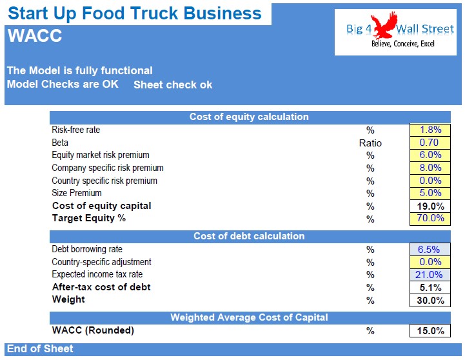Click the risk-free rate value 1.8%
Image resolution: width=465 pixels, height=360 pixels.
tap(430, 130)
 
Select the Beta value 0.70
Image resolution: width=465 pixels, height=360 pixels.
tap(430, 143)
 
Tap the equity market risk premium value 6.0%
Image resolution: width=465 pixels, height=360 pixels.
tap(430, 155)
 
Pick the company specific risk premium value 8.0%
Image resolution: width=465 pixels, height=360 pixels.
tap(430, 168)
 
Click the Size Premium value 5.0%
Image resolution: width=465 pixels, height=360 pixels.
tap(430, 193)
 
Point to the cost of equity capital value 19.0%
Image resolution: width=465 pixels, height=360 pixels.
tap(430, 206)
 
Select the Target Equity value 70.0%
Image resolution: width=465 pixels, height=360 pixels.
tap(430, 218)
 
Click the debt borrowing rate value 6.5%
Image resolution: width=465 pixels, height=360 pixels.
tap(430, 249)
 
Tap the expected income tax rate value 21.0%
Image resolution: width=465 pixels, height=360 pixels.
tap(430, 275)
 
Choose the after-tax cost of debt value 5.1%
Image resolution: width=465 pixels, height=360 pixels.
tap(430, 287)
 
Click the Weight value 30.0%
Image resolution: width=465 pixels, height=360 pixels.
tap(430, 300)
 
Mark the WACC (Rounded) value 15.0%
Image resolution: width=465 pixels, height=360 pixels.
tap(430, 331)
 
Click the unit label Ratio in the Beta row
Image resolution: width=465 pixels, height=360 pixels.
tap(370, 143)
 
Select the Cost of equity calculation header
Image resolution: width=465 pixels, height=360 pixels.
tap(249, 117)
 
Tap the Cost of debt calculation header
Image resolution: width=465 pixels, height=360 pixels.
tap(249, 236)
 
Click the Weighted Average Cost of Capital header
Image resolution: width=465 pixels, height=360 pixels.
tap(249, 317)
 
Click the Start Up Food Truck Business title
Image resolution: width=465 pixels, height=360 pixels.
tap(135, 14)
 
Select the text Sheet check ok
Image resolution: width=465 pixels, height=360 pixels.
tap(173, 85)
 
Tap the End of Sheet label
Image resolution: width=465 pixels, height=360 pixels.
tap(40, 348)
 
